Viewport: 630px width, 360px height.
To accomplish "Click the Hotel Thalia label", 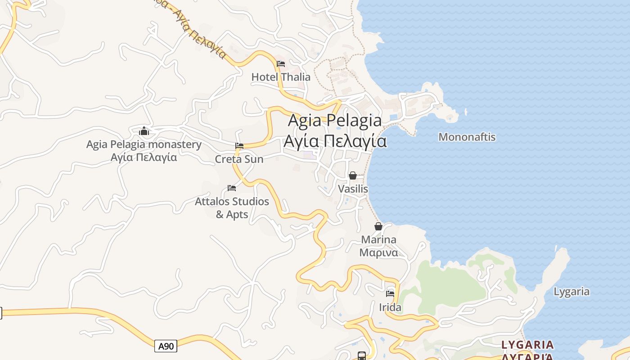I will tap(281, 77).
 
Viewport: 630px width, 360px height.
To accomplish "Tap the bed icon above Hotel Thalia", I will tap(281, 63).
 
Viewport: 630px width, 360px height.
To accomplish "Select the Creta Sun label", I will tap(239, 159).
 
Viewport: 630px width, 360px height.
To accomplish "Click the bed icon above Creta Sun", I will tap(239, 146).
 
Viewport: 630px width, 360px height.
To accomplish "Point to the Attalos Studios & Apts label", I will tap(232, 207).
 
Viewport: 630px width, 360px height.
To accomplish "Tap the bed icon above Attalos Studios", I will tap(232, 188).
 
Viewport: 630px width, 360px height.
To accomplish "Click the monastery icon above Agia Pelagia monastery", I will tap(144, 131).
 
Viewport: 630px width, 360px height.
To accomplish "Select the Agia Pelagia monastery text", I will tap(144, 144).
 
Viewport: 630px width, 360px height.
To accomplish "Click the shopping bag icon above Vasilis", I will tap(353, 175).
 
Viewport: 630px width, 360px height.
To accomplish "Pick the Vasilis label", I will tap(353, 189).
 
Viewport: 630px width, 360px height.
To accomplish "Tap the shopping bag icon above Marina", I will tap(378, 226).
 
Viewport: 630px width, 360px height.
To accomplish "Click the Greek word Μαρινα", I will tap(378, 252).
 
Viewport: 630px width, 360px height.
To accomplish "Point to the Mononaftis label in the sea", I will tap(467, 137).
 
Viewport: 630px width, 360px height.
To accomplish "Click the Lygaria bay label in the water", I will tap(571, 292).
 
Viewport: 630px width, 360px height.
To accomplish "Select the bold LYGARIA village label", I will tap(527, 345).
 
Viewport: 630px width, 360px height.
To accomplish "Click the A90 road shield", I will tap(166, 346).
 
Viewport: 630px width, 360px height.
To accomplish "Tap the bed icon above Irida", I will tap(390, 294).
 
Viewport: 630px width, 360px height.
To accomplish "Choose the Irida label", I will tap(390, 308).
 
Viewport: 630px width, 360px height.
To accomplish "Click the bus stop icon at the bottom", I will tap(361, 355).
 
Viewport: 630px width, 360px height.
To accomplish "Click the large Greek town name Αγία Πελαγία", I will tap(335, 141).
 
